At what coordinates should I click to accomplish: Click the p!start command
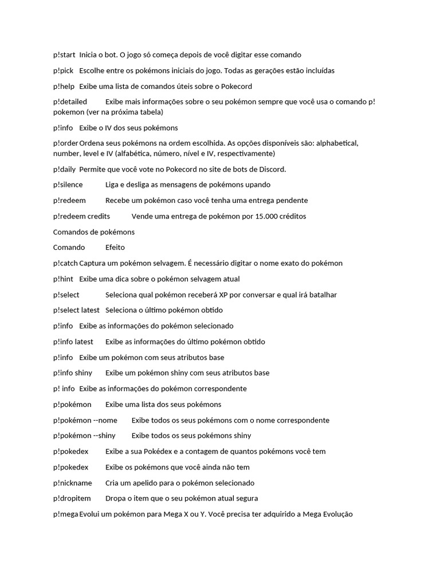(64, 54)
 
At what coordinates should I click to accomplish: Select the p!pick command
(63, 71)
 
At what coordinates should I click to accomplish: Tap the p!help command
(64, 86)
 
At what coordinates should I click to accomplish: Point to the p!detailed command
(70, 101)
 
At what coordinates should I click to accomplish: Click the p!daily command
(64, 169)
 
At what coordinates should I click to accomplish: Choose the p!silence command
(68, 185)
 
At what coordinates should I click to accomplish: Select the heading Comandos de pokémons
(94, 232)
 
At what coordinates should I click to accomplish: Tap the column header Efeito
(115, 248)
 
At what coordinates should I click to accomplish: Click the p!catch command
(65, 263)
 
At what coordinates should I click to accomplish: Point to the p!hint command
(63, 279)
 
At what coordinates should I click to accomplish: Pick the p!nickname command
(72, 483)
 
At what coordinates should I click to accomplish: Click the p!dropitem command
(72, 498)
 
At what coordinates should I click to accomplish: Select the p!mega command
(65, 514)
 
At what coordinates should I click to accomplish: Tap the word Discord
(270, 169)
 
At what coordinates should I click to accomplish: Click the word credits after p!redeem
(99, 216)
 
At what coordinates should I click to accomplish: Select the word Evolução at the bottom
(337, 514)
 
